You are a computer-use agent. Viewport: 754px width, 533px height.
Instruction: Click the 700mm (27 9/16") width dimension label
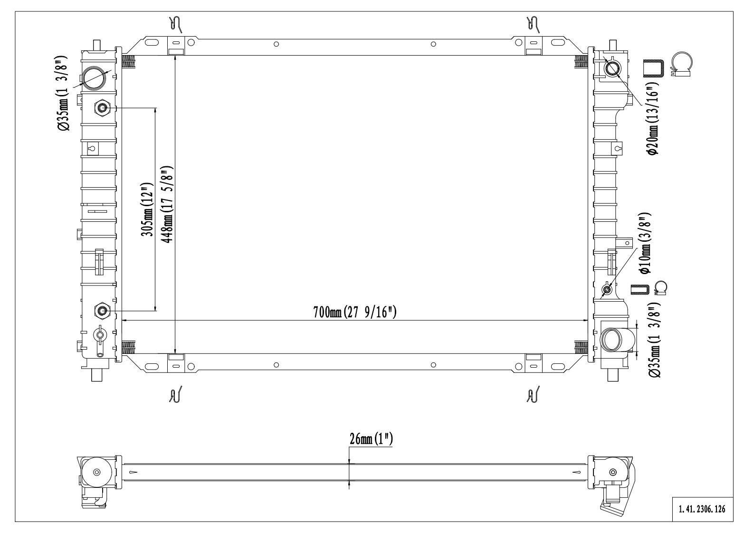pos(355,312)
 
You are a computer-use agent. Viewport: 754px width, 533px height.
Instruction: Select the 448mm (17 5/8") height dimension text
pos(167,204)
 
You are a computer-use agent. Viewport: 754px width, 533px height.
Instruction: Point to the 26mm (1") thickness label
pos(371,439)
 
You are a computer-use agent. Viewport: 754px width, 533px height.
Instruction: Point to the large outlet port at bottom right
pos(613,339)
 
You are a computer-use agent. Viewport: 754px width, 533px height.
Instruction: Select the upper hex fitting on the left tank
pos(102,108)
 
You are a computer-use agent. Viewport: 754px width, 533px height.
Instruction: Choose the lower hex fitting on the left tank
pos(102,311)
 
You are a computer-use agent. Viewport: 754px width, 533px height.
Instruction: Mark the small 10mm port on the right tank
pos(607,289)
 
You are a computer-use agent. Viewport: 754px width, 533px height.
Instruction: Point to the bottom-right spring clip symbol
pos(533,394)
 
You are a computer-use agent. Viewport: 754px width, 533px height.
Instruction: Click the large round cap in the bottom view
pos(97,472)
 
